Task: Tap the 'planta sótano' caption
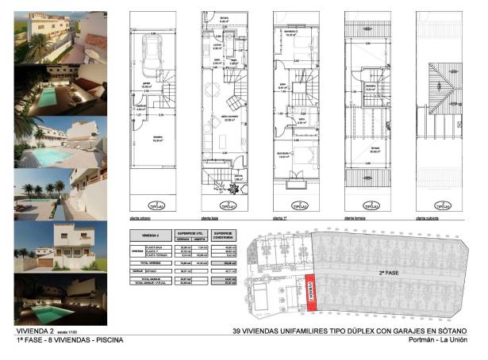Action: pos(140,216)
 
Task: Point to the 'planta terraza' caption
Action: pos(357,216)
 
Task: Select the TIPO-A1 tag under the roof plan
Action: pos(451,205)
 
